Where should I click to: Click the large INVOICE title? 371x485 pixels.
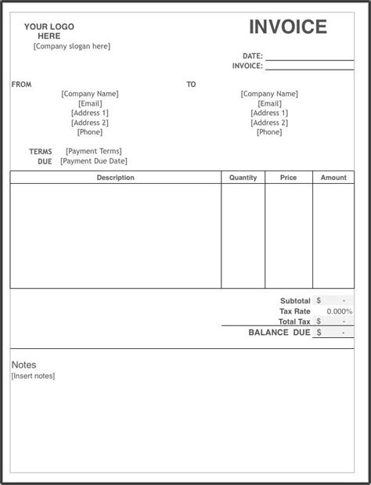pos(287,27)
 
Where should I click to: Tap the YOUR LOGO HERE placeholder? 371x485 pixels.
pos(49,31)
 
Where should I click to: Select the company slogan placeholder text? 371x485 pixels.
pos(72,46)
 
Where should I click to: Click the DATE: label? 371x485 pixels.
pos(252,56)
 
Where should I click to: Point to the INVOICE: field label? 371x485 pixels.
pos(247,66)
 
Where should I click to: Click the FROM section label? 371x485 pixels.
pos(21,84)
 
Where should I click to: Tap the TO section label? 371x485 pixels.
pos(191,84)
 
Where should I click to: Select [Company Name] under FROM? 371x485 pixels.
pos(90,94)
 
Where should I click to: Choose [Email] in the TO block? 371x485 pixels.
pos(269,103)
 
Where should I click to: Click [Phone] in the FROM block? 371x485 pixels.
pos(90,132)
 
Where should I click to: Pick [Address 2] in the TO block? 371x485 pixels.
pos(269,123)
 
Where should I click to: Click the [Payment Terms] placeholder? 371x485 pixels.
pos(94,151)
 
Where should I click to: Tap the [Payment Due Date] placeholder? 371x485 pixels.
pos(94,161)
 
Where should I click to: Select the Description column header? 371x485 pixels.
pos(116,178)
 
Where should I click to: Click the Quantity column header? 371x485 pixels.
pos(243,178)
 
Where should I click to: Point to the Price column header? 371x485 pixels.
pos(288,178)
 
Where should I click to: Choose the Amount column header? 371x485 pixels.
pos(333,178)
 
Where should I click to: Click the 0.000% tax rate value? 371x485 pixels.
pos(339,311)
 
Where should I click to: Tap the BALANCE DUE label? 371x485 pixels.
pos(279,332)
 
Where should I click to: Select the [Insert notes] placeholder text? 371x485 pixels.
pos(33,376)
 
